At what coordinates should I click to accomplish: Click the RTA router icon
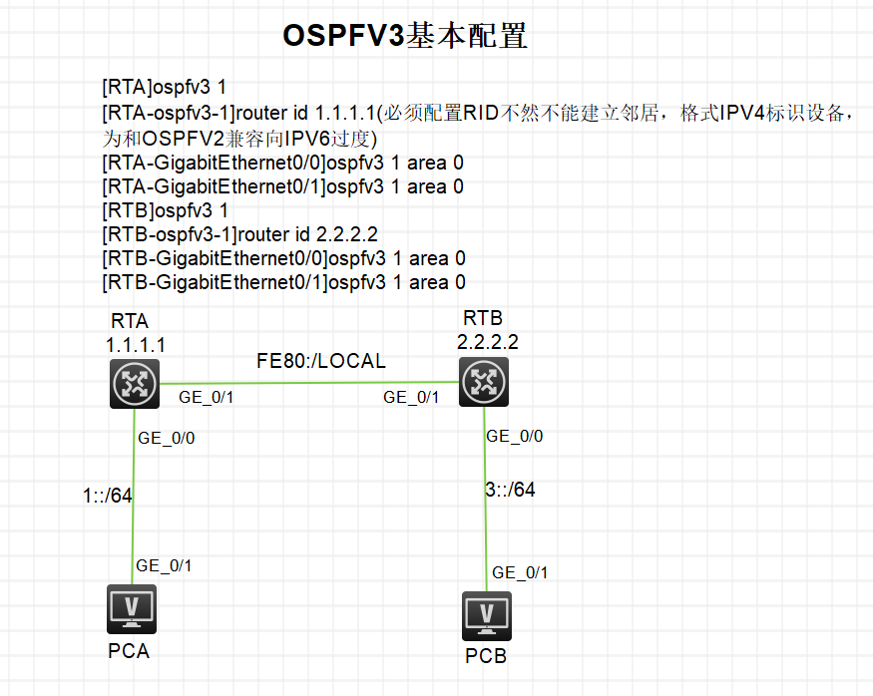point(135,383)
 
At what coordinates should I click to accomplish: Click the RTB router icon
point(485,382)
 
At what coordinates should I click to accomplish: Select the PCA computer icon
point(132,608)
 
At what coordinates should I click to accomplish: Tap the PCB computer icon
point(487,616)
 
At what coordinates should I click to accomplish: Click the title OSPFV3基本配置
point(404,36)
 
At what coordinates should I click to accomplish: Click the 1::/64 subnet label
point(108,496)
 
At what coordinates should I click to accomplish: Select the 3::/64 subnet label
point(511,490)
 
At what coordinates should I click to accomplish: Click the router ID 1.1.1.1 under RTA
point(136,344)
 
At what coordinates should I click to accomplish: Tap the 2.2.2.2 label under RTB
point(488,341)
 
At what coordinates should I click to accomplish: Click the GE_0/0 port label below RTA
point(166,438)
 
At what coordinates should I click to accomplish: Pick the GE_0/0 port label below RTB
point(515,437)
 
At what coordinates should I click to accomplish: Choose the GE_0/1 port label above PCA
point(165,565)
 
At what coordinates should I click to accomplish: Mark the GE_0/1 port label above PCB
point(520,572)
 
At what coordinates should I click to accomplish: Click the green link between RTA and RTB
point(309,382)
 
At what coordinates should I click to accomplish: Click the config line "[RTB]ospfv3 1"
point(166,210)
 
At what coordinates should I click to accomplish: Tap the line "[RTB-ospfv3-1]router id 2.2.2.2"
point(240,234)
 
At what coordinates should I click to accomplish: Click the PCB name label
point(486,656)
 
